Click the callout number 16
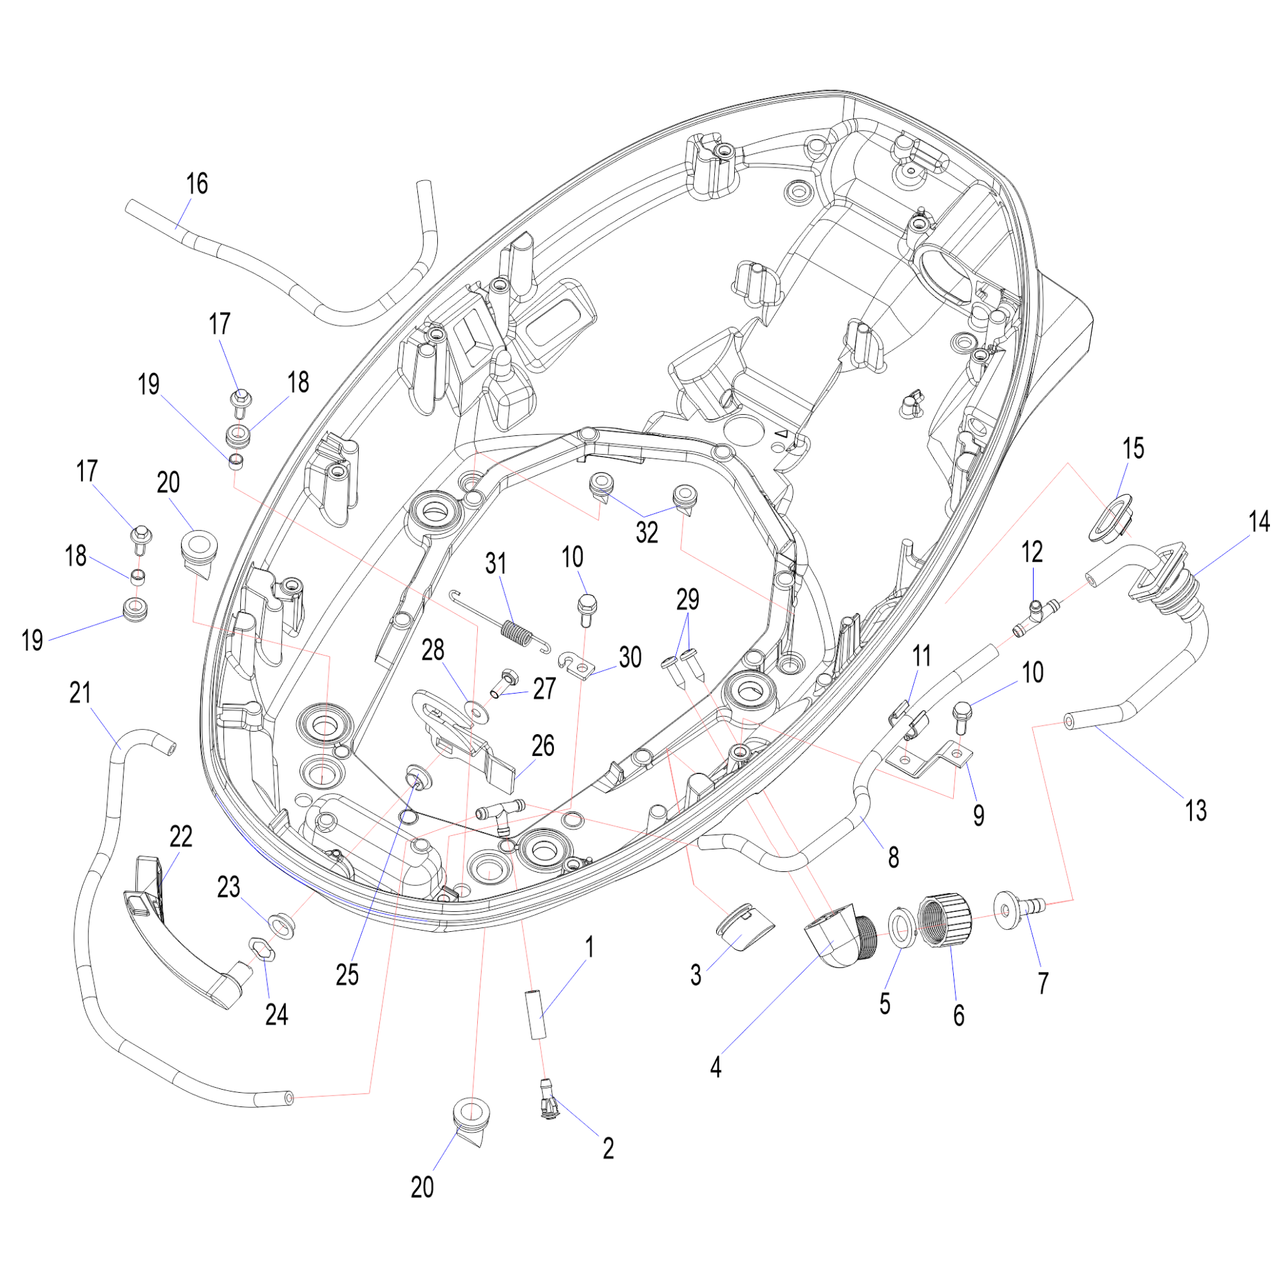pyautogui.click(x=196, y=184)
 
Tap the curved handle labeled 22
pyautogui.click(x=187, y=933)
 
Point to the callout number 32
pyautogui.click(x=647, y=532)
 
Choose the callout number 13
pyautogui.click(x=1195, y=811)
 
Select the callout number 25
pyautogui.click(x=346, y=975)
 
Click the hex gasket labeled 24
pyautogui.click(x=262, y=949)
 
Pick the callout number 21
pyautogui.click(x=80, y=694)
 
